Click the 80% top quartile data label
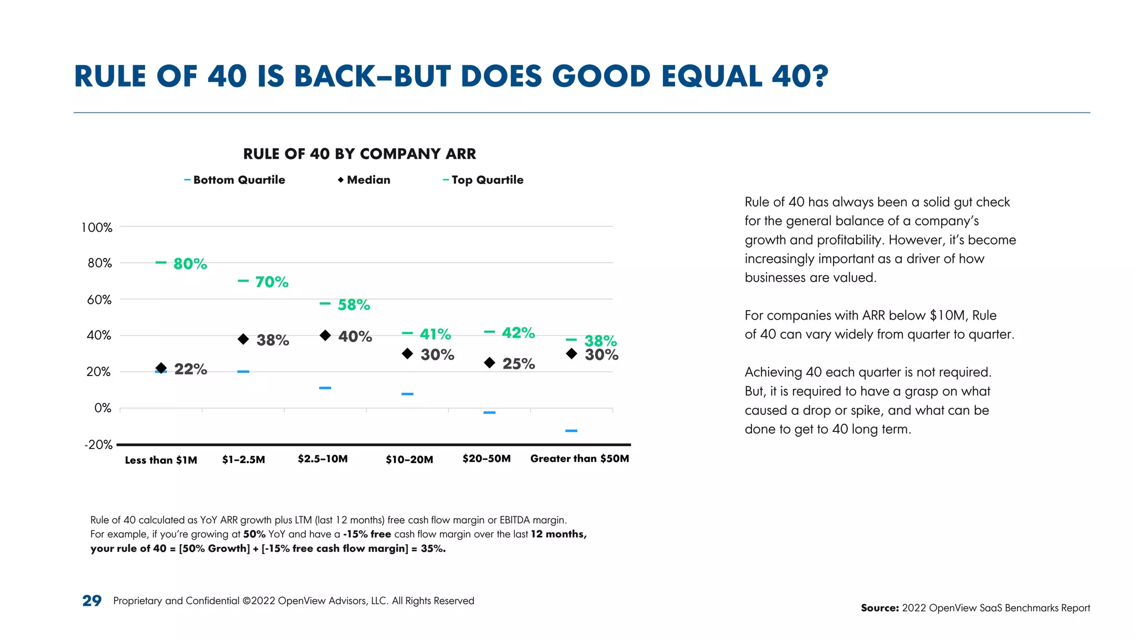point(190,264)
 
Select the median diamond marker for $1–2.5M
point(243,339)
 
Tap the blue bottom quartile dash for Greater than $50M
point(571,430)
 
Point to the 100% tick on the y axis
point(97,227)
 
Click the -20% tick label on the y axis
point(99,445)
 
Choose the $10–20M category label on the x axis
point(410,459)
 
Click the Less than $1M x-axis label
point(161,460)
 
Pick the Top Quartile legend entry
point(483,180)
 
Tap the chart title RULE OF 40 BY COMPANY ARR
point(360,154)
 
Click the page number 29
point(92,601)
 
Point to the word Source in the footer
point(879,608)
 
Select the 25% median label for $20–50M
point(518,364)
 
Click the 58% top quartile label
point(354,305)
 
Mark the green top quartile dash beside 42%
point(489,332)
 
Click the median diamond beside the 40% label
point(325,335)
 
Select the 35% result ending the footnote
point(433,549)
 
